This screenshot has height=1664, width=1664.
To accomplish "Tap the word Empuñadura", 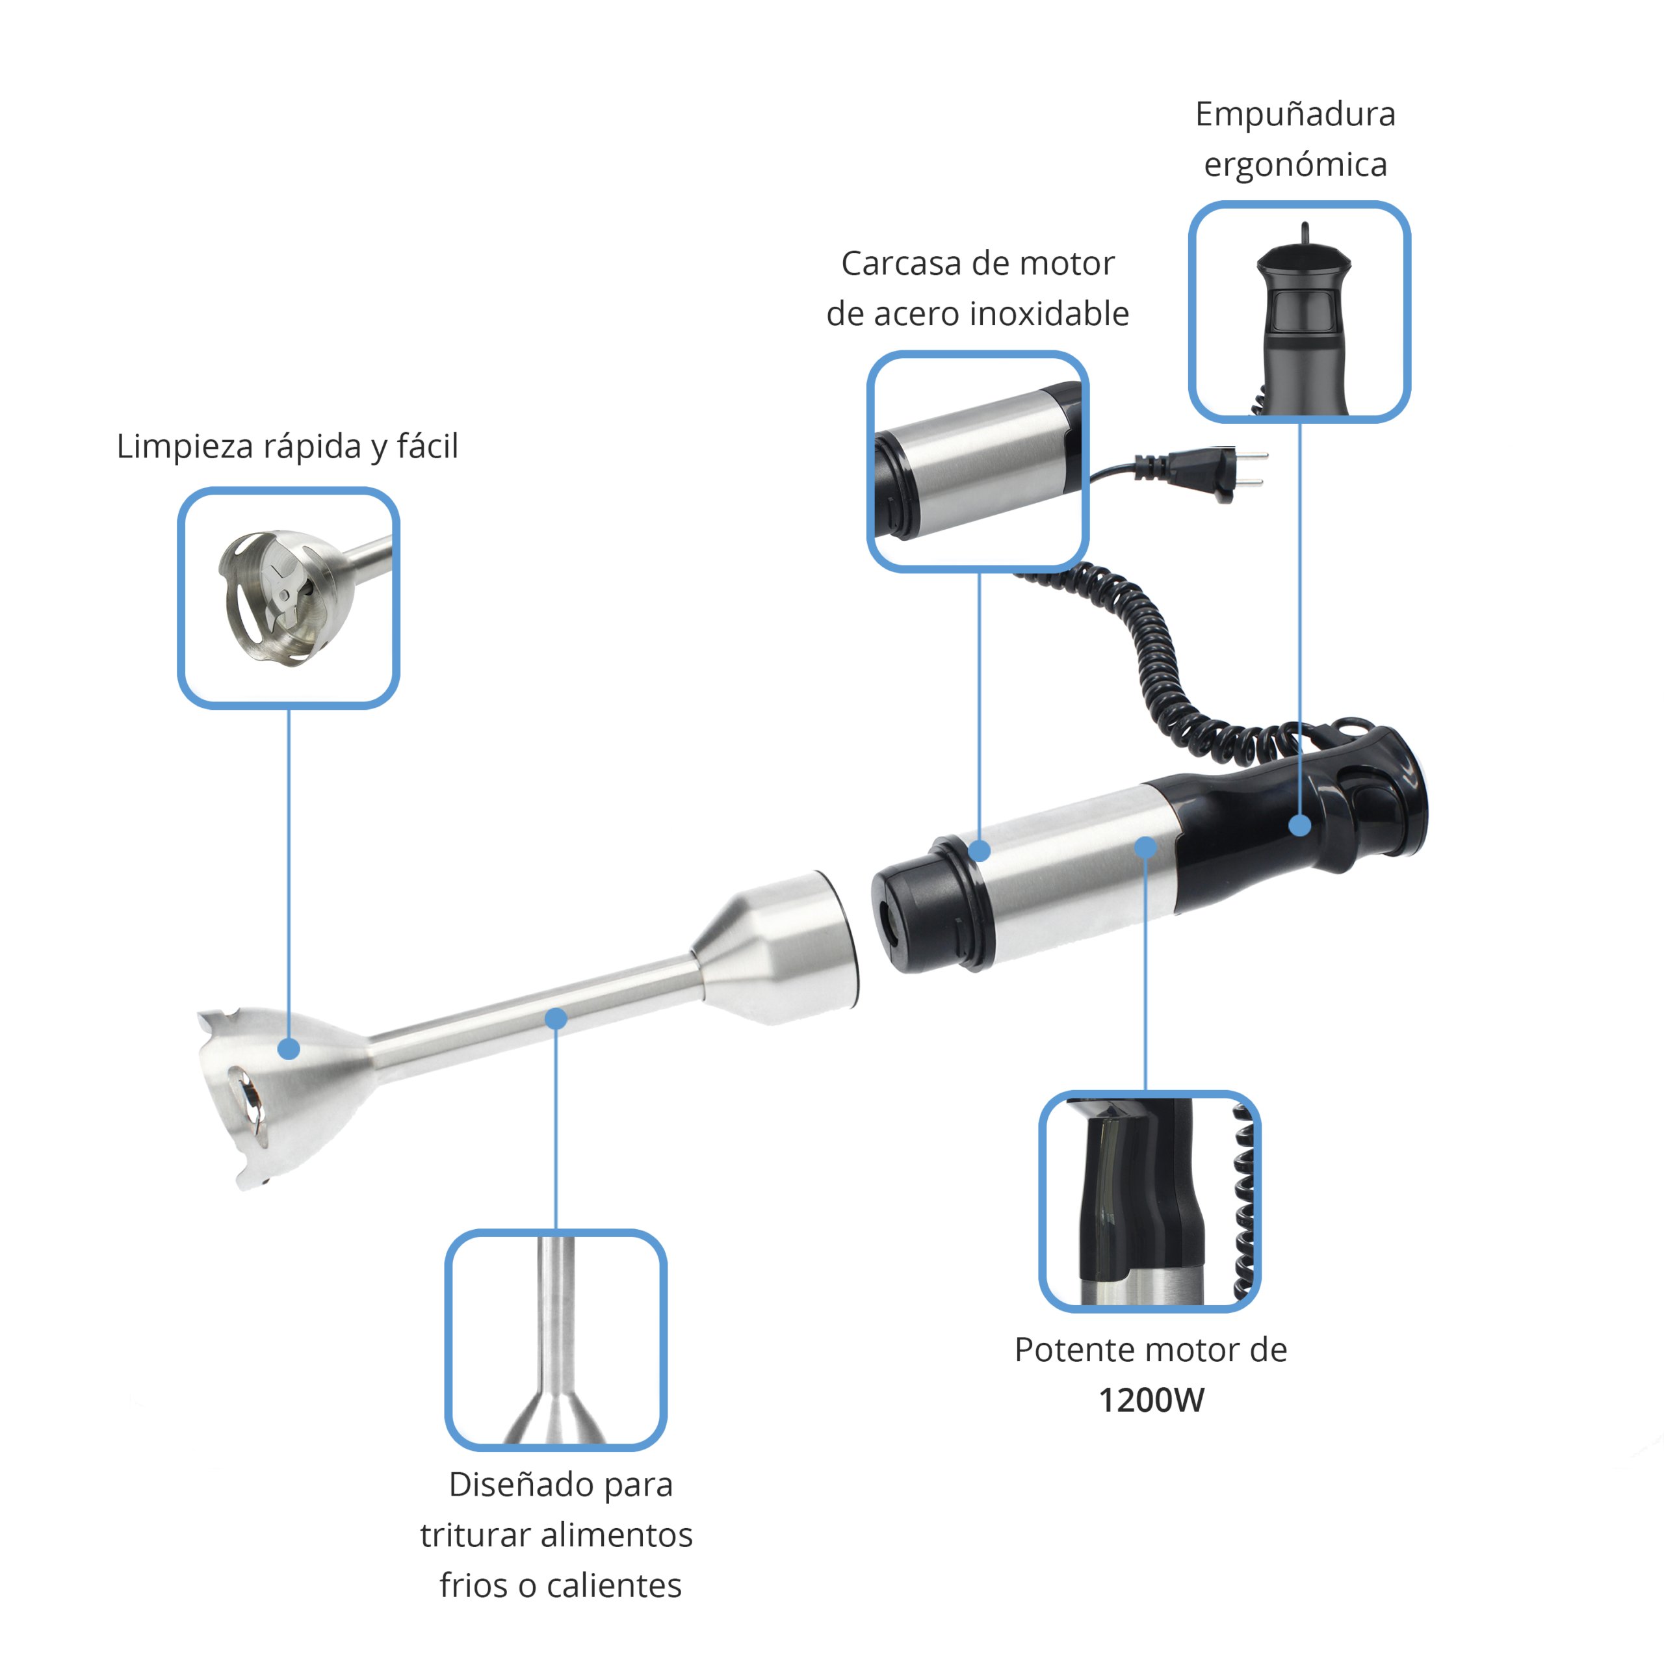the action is [x=1295, y=114].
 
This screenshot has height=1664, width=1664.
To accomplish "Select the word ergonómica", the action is [x=1295, y=164].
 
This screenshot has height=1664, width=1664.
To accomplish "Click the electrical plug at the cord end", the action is [x=1223, y=471].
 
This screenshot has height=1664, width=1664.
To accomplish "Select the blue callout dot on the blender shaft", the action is [x=556, y=1018].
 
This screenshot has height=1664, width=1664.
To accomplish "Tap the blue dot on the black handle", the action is [x=1300, y=825].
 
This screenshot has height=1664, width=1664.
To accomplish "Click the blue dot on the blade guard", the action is [x=289, y=1049].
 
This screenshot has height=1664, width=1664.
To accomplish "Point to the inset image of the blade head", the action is [x=289, y=599].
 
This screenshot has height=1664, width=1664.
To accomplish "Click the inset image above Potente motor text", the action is [x=1150, y=1201].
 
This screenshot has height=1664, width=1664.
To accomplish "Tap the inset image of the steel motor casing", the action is [x=978, y=461].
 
